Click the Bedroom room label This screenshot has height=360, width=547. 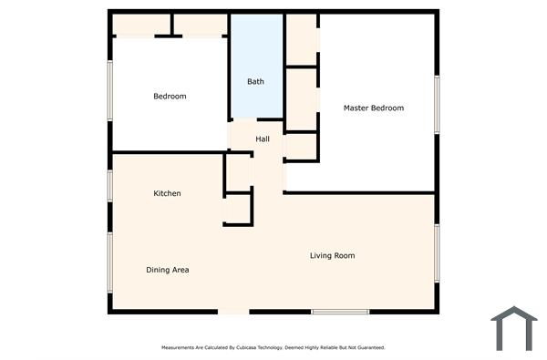click(x=170, y=97)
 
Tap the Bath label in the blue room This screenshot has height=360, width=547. click(x=256, y=82)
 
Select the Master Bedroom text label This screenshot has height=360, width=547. click(x=373, y=108)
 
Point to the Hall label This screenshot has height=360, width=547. click(x=263, y=139)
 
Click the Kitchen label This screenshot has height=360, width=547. click(x=167, y=193)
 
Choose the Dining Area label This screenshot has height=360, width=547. click(x=168, y=270)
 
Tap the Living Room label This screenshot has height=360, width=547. click(x=332, y=255)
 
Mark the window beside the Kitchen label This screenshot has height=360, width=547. click(x=110, y=185)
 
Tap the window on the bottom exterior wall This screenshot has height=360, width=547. click(x=340, y=313)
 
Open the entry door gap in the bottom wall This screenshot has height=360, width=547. click(x=233, y=313)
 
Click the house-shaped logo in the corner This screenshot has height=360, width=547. click(x=513, y=328)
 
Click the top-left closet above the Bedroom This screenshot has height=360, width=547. click(x=141, y=25)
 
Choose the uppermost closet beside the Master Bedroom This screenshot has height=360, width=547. click(x=302, y=39)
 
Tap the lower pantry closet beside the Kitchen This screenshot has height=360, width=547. click(x=238, y=209)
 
